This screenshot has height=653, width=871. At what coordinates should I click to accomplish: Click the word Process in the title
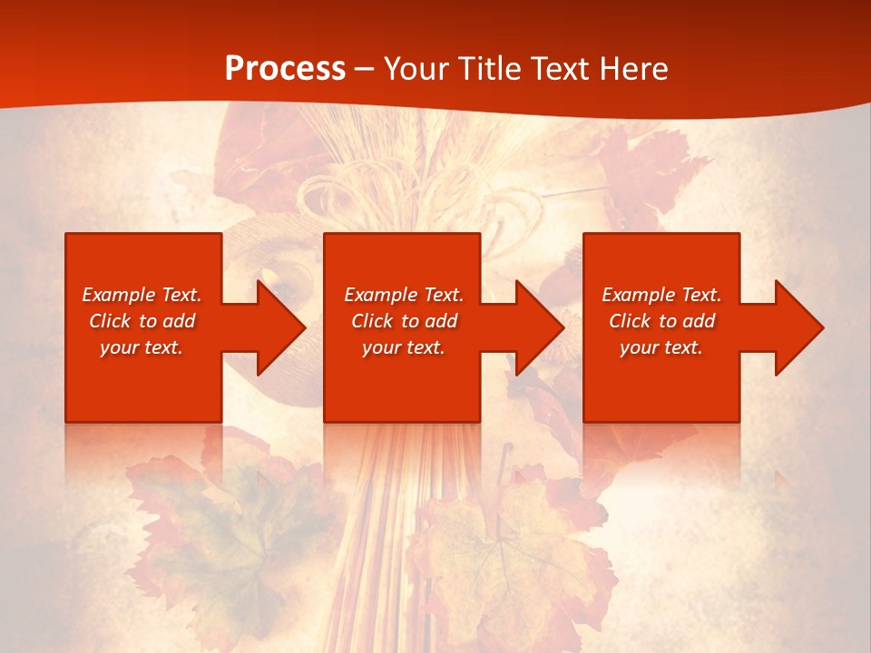coord(285,69)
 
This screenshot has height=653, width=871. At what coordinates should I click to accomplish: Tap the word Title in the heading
coord(487,69)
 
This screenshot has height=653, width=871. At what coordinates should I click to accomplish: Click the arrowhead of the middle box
coord(539,327)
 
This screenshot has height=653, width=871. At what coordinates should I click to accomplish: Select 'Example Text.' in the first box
coord(142,295)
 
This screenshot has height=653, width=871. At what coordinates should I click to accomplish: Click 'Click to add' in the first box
coord(142,321)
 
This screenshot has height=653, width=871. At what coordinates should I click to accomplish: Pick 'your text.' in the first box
coord(142,347)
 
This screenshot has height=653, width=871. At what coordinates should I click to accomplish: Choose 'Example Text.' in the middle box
coord(404,295)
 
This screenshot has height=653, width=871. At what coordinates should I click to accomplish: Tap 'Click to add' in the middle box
coord(404,321)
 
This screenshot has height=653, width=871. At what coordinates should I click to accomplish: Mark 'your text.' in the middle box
coord(404,347)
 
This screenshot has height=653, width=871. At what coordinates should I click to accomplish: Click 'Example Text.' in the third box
coord(661,295)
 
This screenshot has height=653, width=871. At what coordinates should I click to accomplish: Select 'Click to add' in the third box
coord(661,321)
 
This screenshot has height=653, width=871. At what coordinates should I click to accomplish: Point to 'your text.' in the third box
coord(661,347)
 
